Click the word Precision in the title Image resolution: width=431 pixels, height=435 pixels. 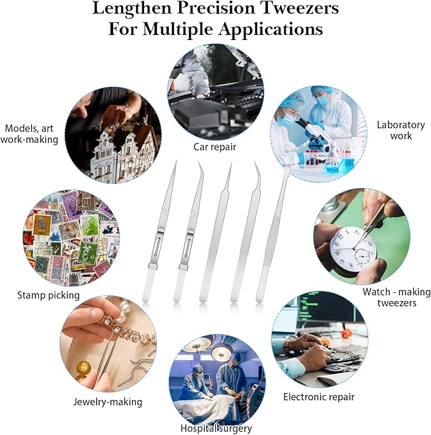pyautogui.click(x=216, y=9)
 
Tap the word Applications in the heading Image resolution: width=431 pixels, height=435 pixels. pyautogui.click(x=270, y=29)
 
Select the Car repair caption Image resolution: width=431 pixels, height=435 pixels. pyautogui.click(x=215, y=147)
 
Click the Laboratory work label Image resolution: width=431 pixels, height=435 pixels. pyautogui.click(x=401, y=130)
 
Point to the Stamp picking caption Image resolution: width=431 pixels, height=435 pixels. pyautogui.click(x=48, y=295)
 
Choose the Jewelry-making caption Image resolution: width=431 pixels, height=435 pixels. pyautogui.click(x=108, y=402)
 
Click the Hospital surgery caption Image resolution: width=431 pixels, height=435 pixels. pyautogui.click(x=216, y=429)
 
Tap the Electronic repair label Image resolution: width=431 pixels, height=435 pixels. pyautogui.click(x=319, y=397)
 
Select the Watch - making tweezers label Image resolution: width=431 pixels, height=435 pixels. pyautogui.click(x=397, y=297)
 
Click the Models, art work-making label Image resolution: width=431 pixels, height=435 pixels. pyautogui.click(x=29, y=134)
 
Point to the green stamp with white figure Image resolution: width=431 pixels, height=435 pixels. pyautogui.click(x=88, y=253)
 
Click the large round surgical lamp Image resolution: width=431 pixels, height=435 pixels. pyautogui.click(x=221, y=353)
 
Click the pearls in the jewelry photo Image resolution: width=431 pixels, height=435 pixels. pyautogui.click(x=124, y=310)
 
